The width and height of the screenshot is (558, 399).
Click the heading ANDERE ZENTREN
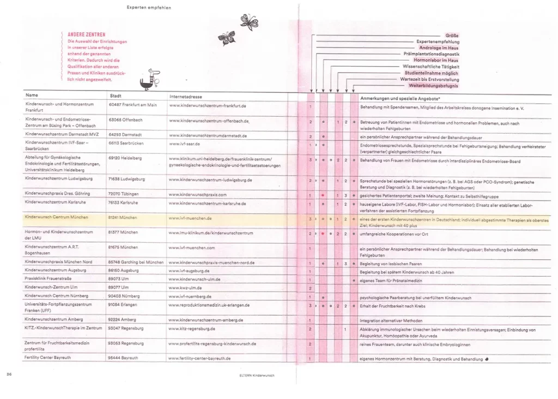(86, 34)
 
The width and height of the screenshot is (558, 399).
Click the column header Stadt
(116, 95)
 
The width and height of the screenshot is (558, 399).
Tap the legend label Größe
(452, 35)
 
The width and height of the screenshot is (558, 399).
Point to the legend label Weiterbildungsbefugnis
(433, 86)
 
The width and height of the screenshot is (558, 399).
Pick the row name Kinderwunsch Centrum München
(57, 218)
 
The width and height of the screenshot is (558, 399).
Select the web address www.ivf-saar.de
(185, 144)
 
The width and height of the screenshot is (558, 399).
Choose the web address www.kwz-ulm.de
(186, 288)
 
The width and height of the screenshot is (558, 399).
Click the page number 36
(9, 374)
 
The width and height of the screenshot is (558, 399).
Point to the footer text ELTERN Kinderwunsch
(257, 376)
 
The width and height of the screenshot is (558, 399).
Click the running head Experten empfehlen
(148, 8)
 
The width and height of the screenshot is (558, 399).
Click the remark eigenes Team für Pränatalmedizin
(390, 279)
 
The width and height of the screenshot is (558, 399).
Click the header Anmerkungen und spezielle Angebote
(401, 98)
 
